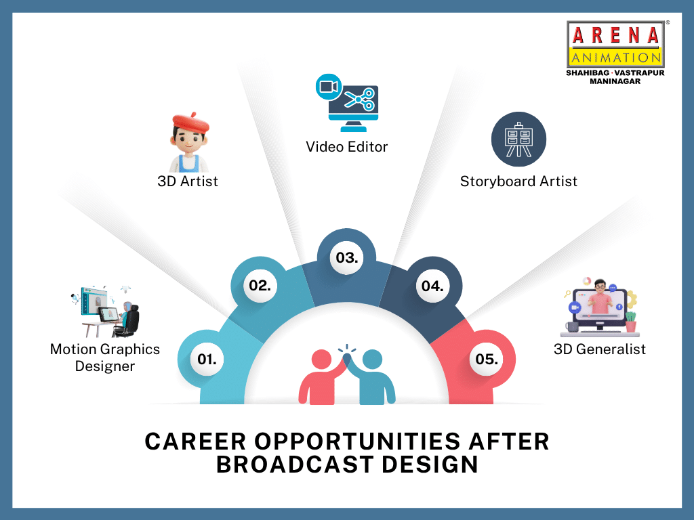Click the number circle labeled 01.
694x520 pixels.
click(x=207, y=359)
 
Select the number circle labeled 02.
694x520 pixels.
click(x=260, y=286)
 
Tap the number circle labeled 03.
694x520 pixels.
click(x=346, y=258)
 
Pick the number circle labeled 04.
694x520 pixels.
click(x=432, y=286)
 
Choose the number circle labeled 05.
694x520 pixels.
click(x=487, y=359)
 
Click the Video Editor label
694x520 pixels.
click(x=346, y=147)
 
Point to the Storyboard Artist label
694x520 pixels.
click(x=518, y=181)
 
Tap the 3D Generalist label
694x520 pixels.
click(x=600, y=349)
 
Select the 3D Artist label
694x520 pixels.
click(x=188, y=181)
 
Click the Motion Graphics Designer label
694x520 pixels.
click(x=105, y=357)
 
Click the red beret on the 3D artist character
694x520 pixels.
click(x=190, y=122)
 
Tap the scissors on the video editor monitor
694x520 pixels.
click(x=360, y=100)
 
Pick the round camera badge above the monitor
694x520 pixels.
click(x=329, y=87)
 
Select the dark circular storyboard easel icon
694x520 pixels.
click(x=518, y=139)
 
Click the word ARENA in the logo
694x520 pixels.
click(x=615, y=35)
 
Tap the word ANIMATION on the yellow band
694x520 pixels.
click(x=615, y=58)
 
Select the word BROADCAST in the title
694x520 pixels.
click(x=295, y=464)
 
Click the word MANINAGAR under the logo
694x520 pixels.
click(x=615, y=81)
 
